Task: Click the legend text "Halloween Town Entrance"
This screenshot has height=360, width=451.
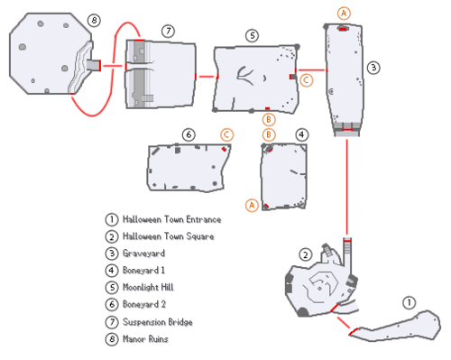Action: point(171,219)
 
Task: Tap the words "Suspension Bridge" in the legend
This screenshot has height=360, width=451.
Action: point(158,322)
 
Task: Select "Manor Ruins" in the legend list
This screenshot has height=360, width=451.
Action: point(145,339)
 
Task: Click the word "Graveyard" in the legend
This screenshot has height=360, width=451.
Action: point(143,254)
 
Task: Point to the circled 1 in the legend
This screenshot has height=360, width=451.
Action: point(112,219)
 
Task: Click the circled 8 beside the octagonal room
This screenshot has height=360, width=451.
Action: point(94,21)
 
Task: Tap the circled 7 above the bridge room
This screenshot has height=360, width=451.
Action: point(168,31)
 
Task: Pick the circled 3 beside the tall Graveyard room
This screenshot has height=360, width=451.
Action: point(373,68)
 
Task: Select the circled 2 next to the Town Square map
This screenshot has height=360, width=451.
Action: point(306,255)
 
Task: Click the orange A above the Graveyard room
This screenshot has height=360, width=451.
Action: point(344,14)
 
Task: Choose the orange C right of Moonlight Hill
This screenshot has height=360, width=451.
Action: point(307,80)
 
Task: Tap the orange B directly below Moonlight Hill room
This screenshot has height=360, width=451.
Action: point(269,120)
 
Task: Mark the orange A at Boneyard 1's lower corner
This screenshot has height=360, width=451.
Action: point(252,206)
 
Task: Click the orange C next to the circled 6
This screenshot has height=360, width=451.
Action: point(226,135)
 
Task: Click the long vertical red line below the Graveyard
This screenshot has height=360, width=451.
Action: point(347,187)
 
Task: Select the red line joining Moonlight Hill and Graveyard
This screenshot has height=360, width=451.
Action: point(312,70)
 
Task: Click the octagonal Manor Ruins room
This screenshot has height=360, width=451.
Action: point(51,53)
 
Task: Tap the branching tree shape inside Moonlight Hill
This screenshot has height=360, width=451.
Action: point(245,76)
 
